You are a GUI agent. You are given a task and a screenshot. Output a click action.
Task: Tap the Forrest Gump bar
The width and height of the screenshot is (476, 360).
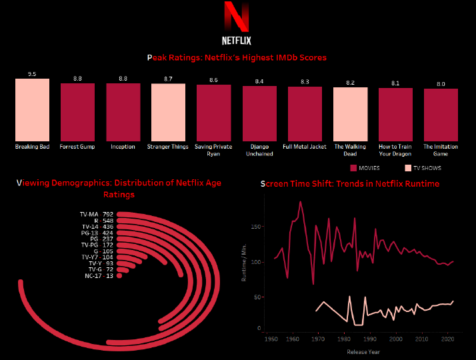point(77,112)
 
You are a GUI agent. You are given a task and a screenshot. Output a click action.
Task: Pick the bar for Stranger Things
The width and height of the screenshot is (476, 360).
point(168,112)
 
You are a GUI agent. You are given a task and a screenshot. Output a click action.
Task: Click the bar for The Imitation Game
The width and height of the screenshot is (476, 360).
point(441,115)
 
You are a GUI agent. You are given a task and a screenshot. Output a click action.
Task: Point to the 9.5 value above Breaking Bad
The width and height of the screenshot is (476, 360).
point(32,74)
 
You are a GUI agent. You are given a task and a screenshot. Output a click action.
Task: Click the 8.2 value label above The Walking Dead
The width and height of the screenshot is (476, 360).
point(350,83)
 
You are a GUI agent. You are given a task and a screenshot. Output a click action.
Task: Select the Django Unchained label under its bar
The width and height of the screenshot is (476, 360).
point(259,150)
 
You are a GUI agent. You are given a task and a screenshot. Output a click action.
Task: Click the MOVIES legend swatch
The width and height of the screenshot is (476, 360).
point(353,168)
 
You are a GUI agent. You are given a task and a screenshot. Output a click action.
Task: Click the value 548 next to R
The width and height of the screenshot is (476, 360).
point(108,221)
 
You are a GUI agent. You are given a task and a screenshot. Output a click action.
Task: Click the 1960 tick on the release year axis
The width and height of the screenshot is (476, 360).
point(292,339)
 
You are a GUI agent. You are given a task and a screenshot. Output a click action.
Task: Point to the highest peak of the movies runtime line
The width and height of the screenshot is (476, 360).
point(301,201)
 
